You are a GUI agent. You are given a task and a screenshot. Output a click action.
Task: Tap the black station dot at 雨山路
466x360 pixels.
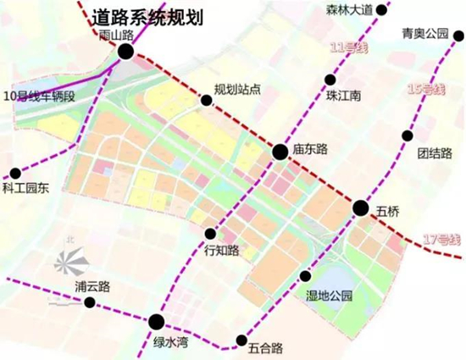pos(125,52)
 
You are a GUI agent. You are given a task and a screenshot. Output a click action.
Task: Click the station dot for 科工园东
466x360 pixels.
pos(15,172)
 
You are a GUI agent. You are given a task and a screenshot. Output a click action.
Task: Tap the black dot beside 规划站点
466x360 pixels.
pos(206,100)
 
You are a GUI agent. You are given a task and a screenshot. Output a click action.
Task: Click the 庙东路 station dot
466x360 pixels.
pos(279,152)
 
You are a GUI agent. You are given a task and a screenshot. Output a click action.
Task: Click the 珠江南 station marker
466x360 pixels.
pos(329,80)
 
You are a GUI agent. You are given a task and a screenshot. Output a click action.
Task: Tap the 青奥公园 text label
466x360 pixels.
pos(426,35)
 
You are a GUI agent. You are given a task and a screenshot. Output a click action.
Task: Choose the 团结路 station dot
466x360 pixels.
pos(408,136)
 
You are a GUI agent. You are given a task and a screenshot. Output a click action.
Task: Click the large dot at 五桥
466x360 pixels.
pos(360,208)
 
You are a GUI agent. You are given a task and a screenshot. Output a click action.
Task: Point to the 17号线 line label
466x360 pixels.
pos(442,240)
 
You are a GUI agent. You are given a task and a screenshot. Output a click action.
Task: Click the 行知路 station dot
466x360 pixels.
pos(211,233)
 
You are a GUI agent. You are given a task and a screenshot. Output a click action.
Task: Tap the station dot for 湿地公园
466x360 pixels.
pos(306,275)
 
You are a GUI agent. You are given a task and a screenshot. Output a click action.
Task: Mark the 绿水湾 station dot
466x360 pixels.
pos(156,321)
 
